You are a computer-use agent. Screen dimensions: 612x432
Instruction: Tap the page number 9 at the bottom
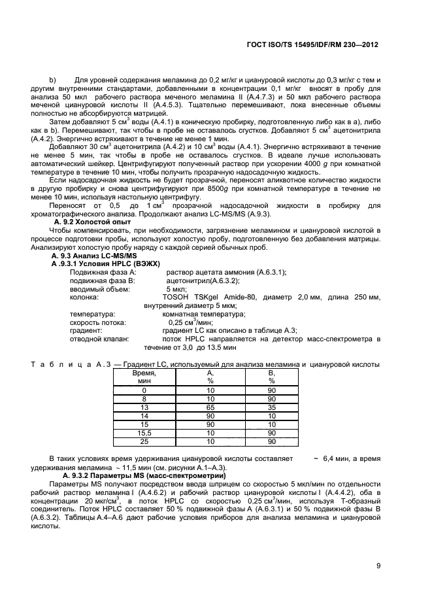pos(378,566)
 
